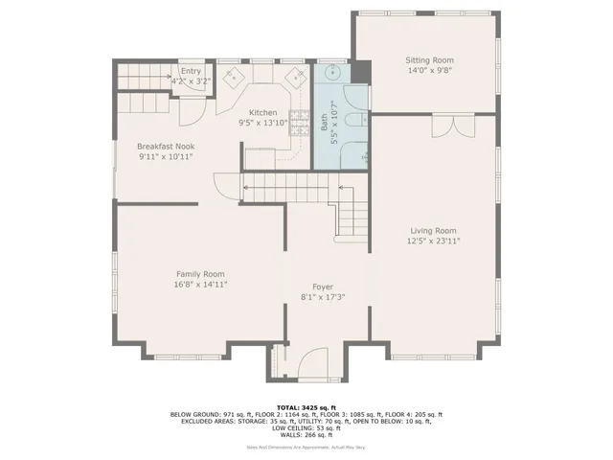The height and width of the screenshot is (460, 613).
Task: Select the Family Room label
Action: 200,273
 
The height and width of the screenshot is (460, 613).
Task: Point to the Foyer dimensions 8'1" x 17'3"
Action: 323,297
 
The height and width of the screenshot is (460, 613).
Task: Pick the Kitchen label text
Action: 262,112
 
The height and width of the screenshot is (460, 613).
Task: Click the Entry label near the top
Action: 192,71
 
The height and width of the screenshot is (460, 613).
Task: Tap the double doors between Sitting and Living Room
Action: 450,126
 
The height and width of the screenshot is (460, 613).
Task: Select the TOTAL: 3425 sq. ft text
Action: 306,407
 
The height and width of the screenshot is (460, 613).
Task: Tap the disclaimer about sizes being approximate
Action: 306,447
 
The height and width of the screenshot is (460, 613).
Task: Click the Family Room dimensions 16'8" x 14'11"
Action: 200,284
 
